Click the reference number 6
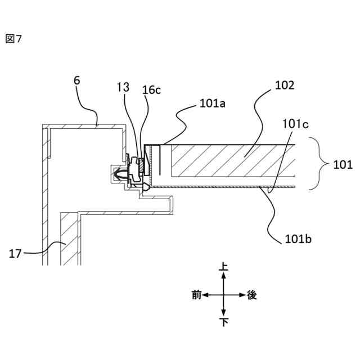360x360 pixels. click(77, 80)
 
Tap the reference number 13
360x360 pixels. click(123, 87)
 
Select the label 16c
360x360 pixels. click(151, 90)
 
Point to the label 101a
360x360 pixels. click(211, 104)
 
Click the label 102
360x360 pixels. click(284, 85)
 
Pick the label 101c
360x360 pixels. click(296, 123)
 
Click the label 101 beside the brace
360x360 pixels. click(342, 165)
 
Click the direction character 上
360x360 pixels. click(224, 268)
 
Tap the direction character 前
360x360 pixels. click(196, 295)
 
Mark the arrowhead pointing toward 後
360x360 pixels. click(241, 295)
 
